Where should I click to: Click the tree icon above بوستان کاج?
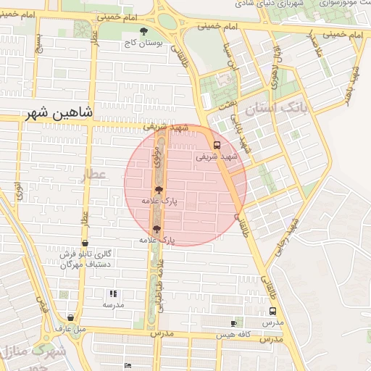point(143,32)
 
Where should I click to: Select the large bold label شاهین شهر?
point(59,113)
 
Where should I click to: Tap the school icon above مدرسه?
point(112,293)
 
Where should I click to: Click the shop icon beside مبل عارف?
point(70,317)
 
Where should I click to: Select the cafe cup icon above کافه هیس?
point(233,323)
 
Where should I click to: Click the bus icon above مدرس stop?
point(272,310)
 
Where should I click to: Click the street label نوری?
point(18,191)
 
